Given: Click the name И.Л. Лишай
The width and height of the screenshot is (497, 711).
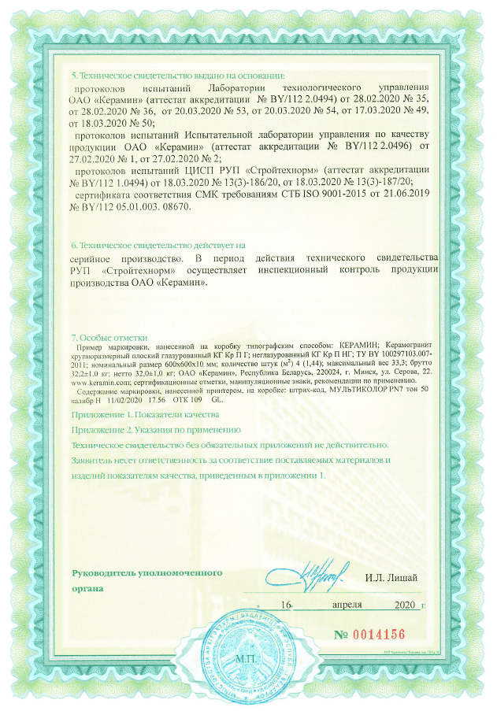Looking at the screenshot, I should coord(391,579).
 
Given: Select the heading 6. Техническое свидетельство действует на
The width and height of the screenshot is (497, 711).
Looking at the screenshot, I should coord(158,246).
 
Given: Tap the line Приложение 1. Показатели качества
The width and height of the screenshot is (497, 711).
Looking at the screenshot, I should coord(146,413).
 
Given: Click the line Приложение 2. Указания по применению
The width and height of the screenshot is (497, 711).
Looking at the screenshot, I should coord(155,429).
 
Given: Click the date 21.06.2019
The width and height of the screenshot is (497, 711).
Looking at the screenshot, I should coord(404,194).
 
